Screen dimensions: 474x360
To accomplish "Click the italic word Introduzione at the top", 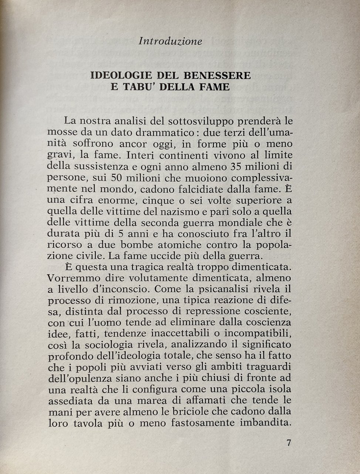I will tap(170, 41).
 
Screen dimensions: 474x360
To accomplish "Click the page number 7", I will tap(289, 443).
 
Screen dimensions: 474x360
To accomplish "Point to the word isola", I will tap(279, 389).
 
